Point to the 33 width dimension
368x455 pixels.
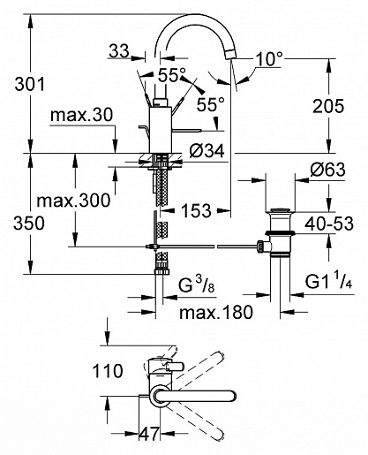click(118, 54)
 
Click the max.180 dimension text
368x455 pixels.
click(209, 312)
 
